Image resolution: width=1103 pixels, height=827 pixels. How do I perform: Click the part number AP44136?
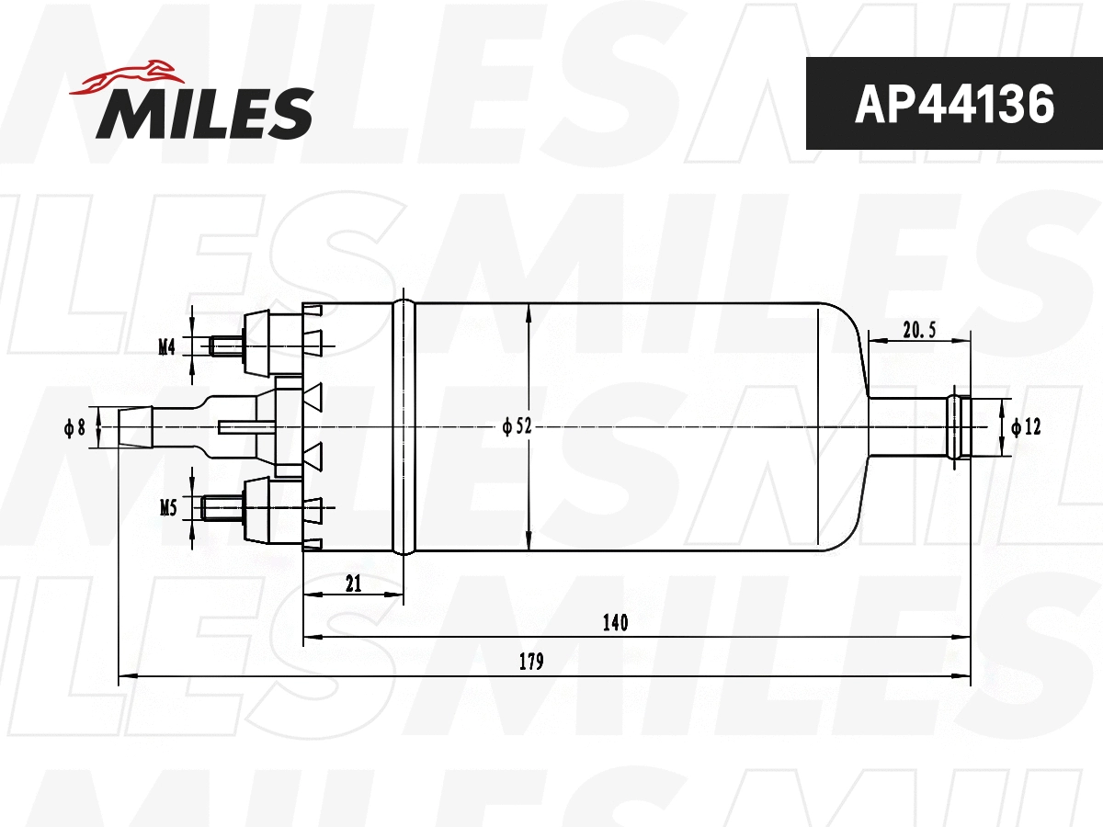click(x=954, y=105)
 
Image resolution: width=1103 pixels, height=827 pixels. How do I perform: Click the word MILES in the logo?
click(x=204, y=113)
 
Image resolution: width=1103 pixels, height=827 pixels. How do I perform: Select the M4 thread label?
click(x=166, y=346)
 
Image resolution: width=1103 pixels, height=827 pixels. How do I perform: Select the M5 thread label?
click(x=167, y=507)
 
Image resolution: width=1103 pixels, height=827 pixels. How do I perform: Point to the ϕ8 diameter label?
click(x=75, y=427)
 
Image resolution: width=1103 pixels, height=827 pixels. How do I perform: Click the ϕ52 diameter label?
click(x=517, y=427)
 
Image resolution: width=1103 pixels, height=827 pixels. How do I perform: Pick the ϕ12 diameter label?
click(x=1027, y=427)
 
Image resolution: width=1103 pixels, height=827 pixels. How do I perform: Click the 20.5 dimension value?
click(x=918, y=331)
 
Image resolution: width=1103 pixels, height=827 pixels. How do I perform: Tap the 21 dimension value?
click(x=353, y=583)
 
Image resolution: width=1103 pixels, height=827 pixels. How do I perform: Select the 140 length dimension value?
click(x=615, y=623)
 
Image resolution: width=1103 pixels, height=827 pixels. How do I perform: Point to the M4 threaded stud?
click(x=226, y=346)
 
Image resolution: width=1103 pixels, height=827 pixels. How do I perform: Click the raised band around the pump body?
click(x=404, y=427)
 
